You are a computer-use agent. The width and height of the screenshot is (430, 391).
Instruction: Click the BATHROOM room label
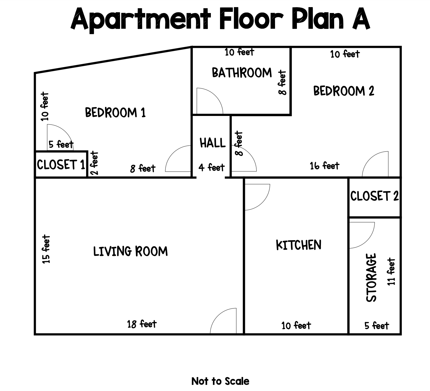[x=242, y=72]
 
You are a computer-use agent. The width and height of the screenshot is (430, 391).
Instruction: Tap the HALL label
[x=213, y=143]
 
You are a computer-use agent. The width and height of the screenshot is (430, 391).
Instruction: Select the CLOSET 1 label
[x=61, y=165]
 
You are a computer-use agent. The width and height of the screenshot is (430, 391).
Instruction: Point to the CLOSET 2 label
[x=374, y=196]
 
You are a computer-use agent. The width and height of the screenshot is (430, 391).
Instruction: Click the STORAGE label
[x=371, y=277]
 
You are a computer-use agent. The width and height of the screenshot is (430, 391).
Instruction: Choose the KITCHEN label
[x=299, y=245]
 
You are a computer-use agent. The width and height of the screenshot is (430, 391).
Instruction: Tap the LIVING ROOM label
[x=130, y=251]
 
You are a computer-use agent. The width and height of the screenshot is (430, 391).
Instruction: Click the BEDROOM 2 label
[x=344, y=91]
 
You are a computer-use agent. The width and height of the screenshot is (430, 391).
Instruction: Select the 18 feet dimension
[x=142, y=324]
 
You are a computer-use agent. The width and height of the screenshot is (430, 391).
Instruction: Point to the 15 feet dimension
[x=46, y=249]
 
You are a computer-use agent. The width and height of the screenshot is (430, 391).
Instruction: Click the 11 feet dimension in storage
[x=391, y=272]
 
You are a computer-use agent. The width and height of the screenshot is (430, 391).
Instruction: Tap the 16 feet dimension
[x=324, y=166]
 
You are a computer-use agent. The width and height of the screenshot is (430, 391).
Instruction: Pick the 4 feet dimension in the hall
[x=211, y=167]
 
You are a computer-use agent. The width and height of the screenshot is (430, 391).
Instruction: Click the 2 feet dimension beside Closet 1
[x=94, y=163]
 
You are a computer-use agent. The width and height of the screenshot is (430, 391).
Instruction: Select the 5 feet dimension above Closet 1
[x=61, y=144]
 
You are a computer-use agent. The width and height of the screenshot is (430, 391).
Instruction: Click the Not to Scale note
[x=220, y=381]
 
